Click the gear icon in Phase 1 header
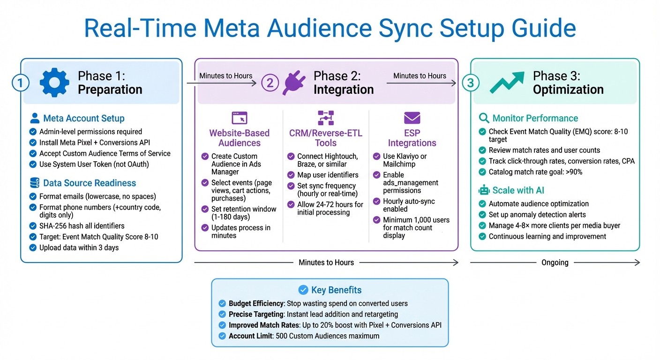pos(54,82)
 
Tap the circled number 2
pos(270,83)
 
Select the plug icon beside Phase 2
pos(294,83)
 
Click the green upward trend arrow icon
pos(507,82)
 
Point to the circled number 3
pos(471,83)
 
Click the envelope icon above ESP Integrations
pos(412,118)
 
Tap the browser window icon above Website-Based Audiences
pos(239,118)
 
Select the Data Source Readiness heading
pos(89,183)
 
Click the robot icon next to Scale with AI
pos(483,190)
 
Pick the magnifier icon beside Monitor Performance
pos(483,118)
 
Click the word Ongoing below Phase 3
pos(555,262)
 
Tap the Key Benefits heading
pos(336,290)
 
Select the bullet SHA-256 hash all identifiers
pos(82,226)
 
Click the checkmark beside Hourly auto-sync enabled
pos(376,202)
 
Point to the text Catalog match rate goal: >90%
pos(535,172)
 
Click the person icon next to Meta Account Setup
pos(34,118)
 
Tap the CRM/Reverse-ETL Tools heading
pos(325,138)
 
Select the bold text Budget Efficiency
pos(256,303)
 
